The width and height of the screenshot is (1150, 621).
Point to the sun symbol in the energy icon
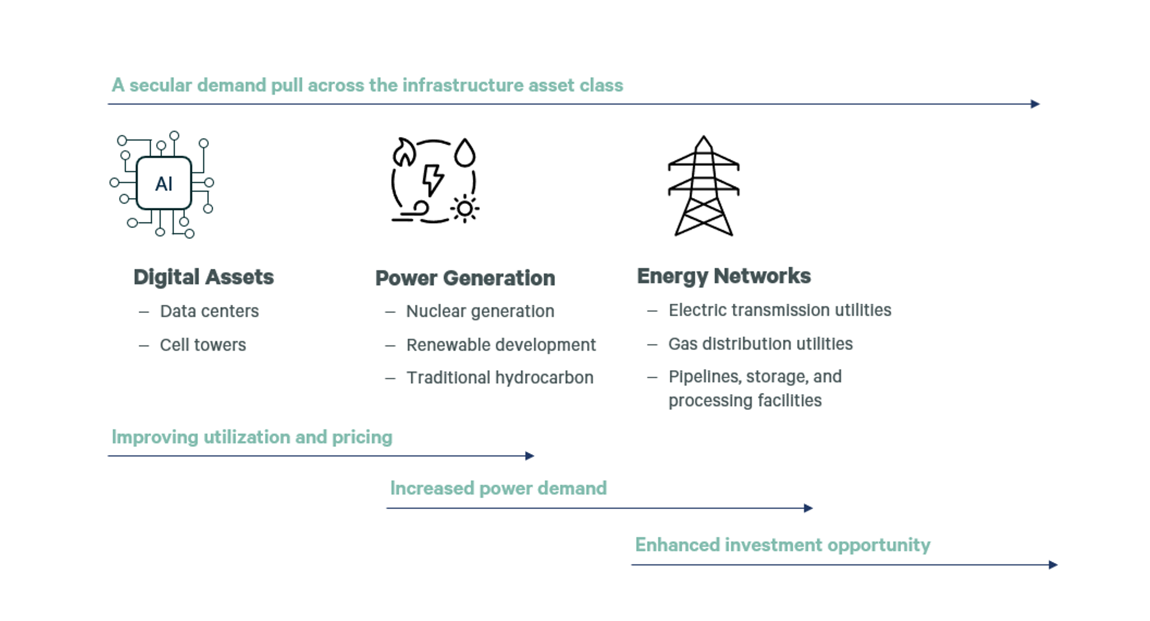(x=465, y=209)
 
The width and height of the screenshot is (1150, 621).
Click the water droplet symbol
(x=465, y=153)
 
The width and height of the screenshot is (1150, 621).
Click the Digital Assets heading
(x=204, y=277)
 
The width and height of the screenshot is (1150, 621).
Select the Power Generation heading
(x=465, y=278)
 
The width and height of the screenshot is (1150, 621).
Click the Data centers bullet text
(x=209, y=311)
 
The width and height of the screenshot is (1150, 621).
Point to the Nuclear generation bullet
(x=481, y=311)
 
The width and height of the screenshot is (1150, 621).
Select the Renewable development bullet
(x=501, y=345)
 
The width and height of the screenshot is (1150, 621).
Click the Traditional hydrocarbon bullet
(x=500, y=378)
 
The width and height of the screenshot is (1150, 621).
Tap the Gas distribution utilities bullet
(x=761, y=344)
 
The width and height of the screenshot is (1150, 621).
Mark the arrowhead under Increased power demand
(x=808, y=508)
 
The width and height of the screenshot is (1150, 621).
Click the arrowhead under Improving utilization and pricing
(x=530, y=456)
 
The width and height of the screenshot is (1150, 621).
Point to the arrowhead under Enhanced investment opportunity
(x=1053, y=565)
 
